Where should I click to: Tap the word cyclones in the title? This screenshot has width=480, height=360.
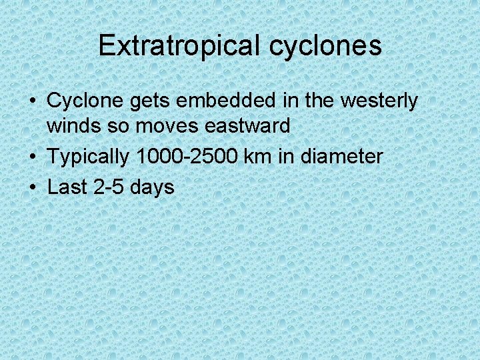tap(326, 46)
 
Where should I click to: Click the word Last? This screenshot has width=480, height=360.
tap(68, 187)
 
